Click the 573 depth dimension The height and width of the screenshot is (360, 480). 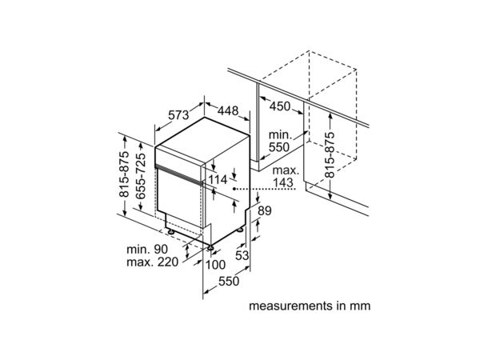[x=178, y=114]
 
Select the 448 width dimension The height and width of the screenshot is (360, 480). [x=228, y=110]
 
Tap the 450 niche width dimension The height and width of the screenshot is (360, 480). [x=280, y=106]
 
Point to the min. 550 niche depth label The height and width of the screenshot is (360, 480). [x=279, y=141]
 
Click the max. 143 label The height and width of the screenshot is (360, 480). [x=284, y=177]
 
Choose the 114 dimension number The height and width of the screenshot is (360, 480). [x=218, y=180]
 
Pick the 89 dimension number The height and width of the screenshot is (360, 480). [x=265, y=210]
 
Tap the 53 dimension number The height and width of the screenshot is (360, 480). [x=242, y=254]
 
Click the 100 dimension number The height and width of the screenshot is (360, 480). [x=215, y=265]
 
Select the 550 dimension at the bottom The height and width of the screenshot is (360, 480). [x=229, y=281]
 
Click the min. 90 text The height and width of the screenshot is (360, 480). [x=147, y=249]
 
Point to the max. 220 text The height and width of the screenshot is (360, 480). [x=153, y=262]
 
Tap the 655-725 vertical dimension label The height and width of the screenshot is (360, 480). [x=141, y=176]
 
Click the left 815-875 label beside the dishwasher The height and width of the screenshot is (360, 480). [x=124, y=174]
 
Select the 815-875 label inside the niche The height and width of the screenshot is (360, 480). [x=330, y=155]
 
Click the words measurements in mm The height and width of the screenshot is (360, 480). [x=310, y=306]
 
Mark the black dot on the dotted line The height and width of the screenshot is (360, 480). [x=234, y=189]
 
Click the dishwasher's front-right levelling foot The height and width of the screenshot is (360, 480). [x=210, y=248]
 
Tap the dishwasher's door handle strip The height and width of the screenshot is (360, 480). [x=178, y=174]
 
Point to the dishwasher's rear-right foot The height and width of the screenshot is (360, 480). [x=240, y=229]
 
